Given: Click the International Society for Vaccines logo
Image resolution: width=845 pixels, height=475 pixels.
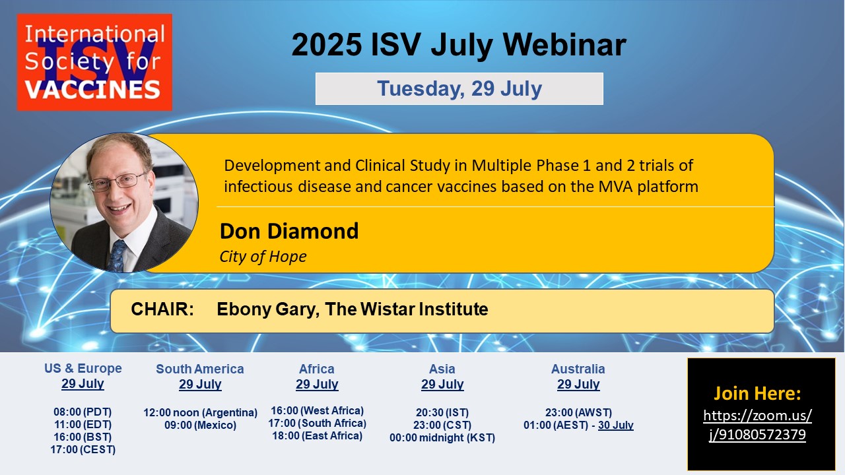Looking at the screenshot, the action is click(94, 62).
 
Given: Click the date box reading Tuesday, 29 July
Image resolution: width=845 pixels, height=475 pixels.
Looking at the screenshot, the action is click(459, 88).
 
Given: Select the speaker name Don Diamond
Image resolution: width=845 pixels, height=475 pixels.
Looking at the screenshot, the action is click(289, 231).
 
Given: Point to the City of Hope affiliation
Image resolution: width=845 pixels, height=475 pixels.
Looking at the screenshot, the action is click(263, 257).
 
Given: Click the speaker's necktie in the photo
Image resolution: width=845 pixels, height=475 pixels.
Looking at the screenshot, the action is click(118, 257).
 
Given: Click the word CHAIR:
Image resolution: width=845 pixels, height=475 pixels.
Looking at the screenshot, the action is click(162, 309).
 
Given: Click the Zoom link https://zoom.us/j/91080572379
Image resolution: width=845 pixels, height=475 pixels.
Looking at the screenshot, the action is click(757, 425).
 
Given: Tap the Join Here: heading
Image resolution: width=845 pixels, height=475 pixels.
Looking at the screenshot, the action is click(757, 393).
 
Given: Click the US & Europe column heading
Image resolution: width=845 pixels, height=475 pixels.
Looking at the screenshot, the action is click(83, 368).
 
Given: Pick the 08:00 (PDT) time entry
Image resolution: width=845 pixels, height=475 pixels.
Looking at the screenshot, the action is click(83, 412).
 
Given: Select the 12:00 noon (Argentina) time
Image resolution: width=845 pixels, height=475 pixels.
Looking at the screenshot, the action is click(200, 412).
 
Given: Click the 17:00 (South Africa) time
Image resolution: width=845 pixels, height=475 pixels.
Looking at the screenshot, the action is click(318, 423).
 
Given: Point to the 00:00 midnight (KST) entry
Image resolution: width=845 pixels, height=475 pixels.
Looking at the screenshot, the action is click(442, 437).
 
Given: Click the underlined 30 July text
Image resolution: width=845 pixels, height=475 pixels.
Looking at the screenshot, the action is click(616, 425).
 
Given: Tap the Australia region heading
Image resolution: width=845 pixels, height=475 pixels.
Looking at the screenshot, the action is click(578, 369).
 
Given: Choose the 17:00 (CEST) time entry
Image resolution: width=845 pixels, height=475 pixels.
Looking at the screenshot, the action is click(83, 449).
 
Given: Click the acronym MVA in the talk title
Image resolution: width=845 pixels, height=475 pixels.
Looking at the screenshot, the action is click(615, 187).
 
